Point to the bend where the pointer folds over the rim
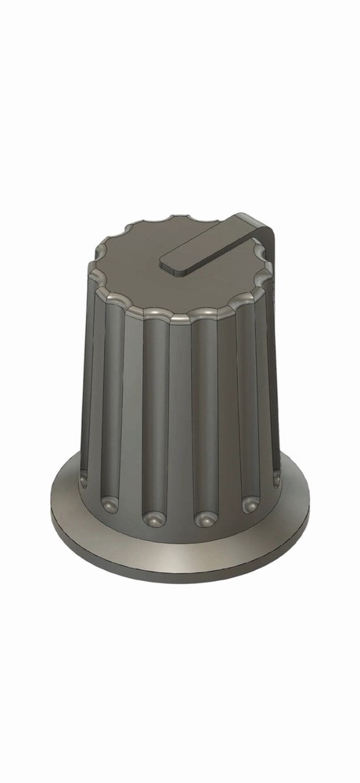[263, 222]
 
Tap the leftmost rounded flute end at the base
[82, 476]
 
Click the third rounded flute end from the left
[153, 518]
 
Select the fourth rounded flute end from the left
[204, 518]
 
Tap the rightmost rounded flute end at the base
[275, 476]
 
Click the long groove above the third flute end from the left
[155, 415]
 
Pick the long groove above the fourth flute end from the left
[204, 415]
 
